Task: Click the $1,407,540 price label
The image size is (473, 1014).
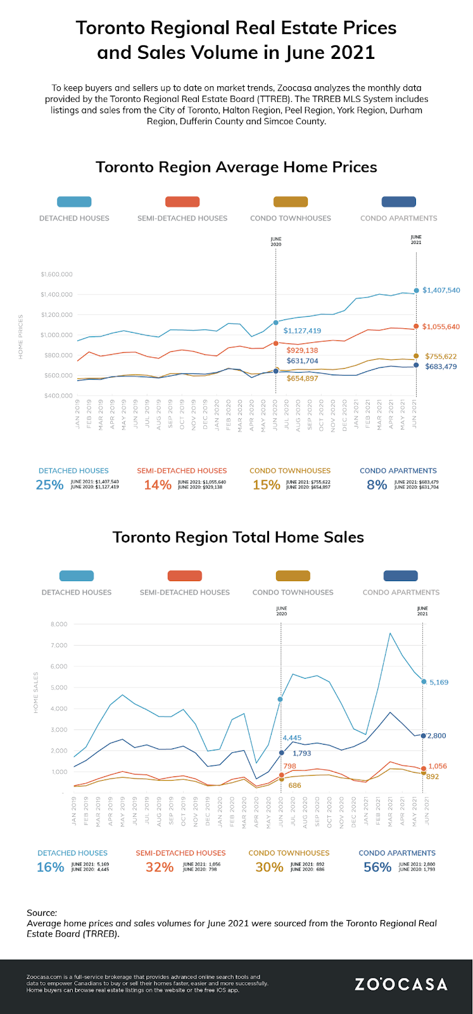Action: tap(441, 290)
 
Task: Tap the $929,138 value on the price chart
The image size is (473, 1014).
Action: tap(302, 350)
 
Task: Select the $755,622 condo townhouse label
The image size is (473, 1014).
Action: tap(441, 356)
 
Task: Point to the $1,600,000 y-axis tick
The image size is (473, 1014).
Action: tap(56, 274)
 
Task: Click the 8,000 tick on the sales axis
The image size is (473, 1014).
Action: tap(58, 624)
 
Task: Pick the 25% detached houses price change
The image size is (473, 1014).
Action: tap(49, 485)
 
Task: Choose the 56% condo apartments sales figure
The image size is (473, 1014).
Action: tap(377, 867)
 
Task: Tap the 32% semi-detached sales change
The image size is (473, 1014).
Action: tap(160, 867)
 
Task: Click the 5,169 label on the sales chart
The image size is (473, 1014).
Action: tap(439, 683)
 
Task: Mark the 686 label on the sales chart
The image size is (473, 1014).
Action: tap(294, 785)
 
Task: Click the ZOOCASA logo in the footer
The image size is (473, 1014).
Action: tap(401, 984)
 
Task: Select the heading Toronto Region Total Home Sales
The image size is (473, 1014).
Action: tap(238, 537)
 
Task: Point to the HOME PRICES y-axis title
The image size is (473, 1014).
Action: tap(21, 336)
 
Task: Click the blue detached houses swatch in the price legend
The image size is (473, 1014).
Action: tap(74, 202)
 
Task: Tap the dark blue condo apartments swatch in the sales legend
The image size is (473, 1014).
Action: tap(401, 575)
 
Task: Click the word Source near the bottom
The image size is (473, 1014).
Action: tap(41, 913)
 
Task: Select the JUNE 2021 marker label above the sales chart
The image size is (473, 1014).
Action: tap(422, 611)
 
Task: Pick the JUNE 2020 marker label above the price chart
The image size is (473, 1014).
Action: tap(275, 241)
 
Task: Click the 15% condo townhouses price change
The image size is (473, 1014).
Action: tap(266, 485)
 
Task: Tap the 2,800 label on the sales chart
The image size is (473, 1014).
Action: tap(436, 736)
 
